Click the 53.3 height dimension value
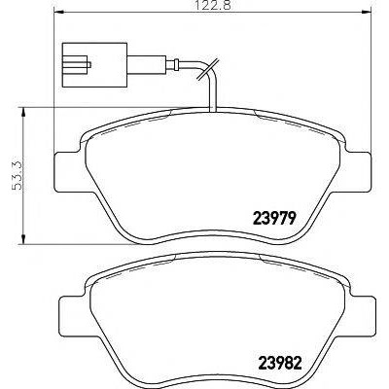[x=17, y=175]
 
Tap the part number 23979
[x=274, y=218]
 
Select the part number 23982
[x=279, y=363]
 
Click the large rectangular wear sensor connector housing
[x=94, y=65]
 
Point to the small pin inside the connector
[x=89, y=65]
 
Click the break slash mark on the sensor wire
[x=209, y=69]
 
